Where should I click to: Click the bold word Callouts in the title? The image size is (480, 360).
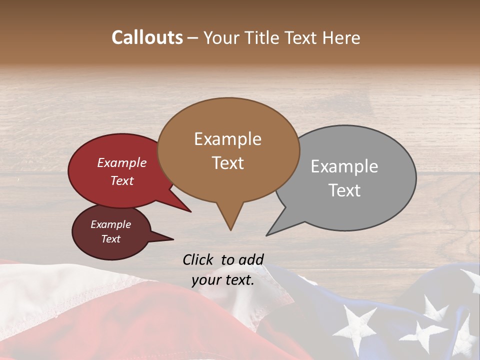point(147,37)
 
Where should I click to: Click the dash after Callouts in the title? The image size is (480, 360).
point(193,38)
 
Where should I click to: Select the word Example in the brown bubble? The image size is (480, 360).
point(227,139)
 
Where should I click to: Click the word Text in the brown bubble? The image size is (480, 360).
point(227,163)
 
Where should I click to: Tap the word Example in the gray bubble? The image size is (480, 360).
point(344,166)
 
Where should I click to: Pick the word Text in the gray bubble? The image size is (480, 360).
point(344,190)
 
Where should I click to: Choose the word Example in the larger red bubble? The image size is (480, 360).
point(122,162)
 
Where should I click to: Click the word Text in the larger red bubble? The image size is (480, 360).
point(122,180)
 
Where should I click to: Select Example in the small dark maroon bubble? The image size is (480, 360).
point(110,224)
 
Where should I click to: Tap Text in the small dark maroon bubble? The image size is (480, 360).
point(110,239)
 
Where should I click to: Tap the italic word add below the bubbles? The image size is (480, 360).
point(250,259)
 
